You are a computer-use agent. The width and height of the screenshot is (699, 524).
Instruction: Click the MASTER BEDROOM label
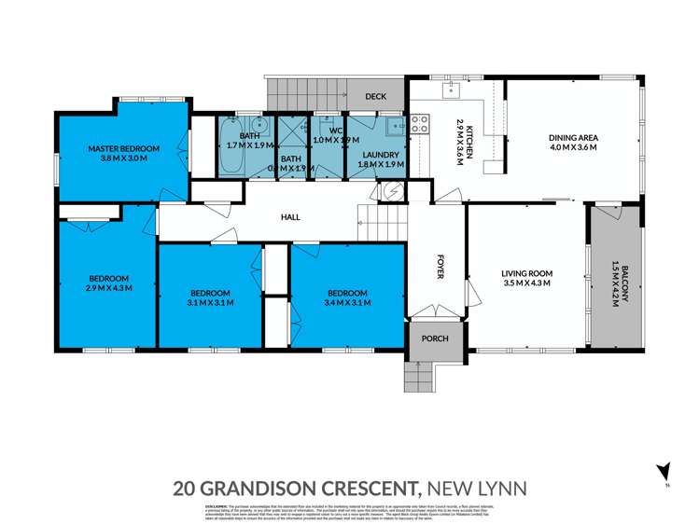click(x=124, y=148)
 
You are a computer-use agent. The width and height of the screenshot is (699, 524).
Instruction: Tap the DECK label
click(x=376, y=96)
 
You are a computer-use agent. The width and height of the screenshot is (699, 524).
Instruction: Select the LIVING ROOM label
click(x=527, y=273)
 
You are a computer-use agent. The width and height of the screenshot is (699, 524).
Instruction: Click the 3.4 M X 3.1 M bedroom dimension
click(x=347, y=302)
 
